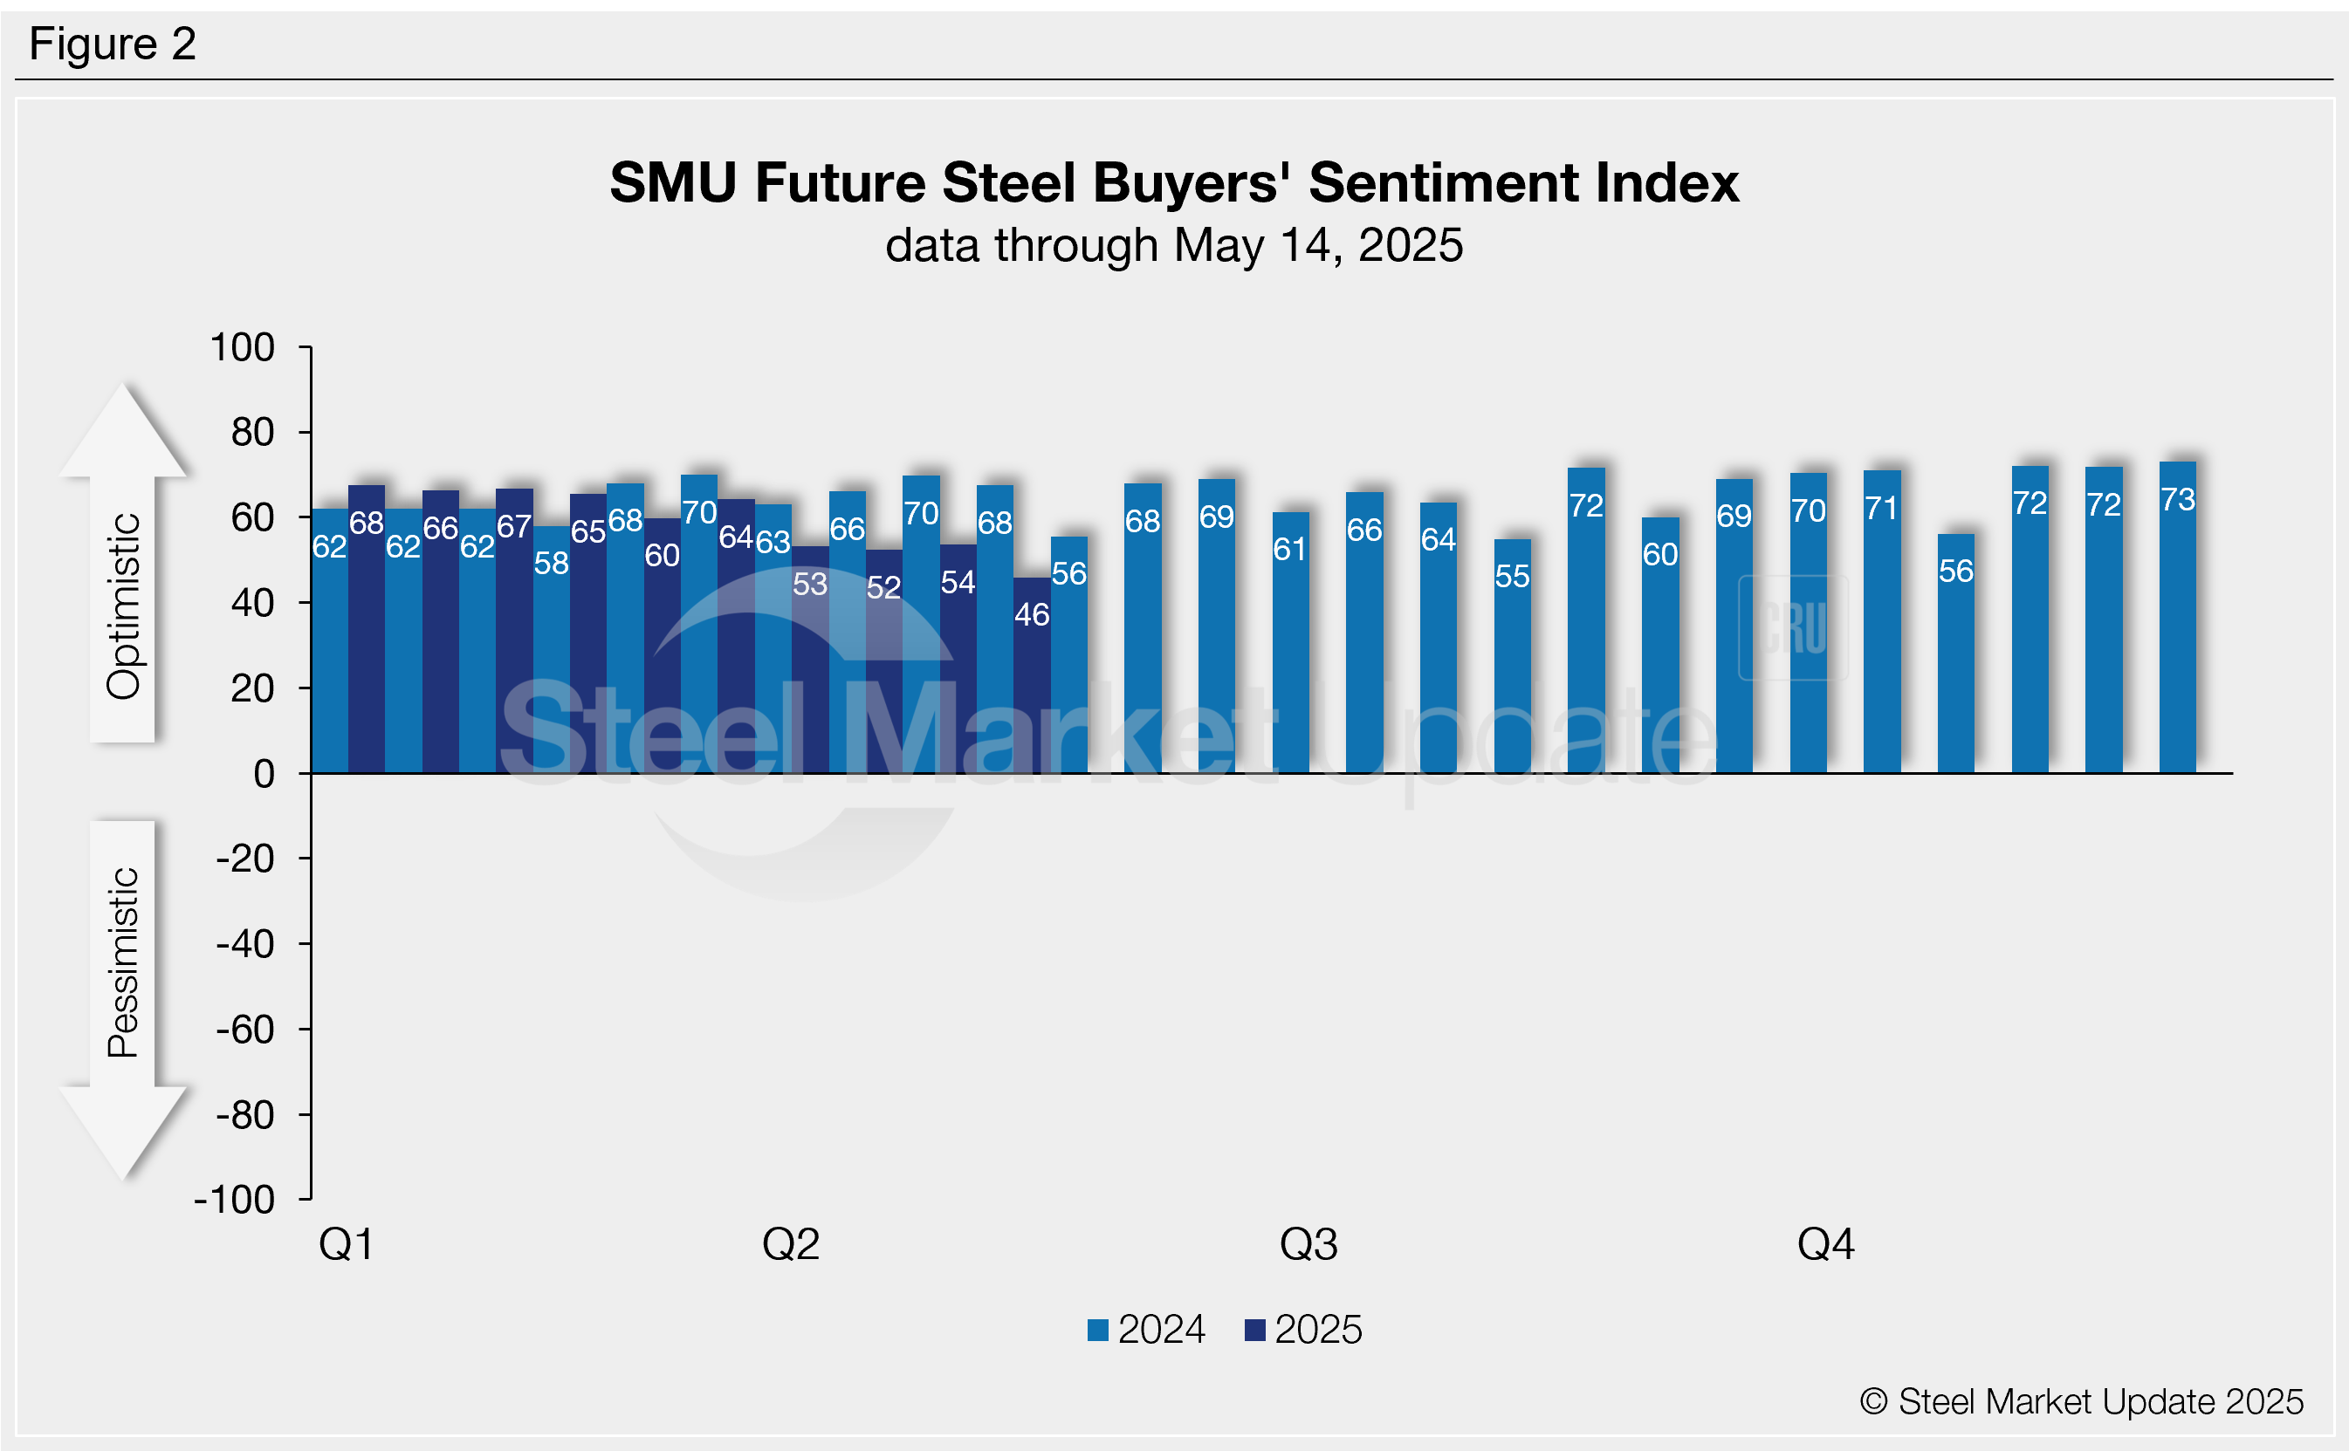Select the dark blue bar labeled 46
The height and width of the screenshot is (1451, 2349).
pyautogui.click(x=1032, y=675)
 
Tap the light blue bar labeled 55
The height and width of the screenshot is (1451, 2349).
pyautogui.click(x=1512, y=656)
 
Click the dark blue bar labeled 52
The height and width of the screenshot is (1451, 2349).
pyautogui.click(x=884, y=662)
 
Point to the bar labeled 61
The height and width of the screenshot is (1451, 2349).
pyautogui.click(x=1290, y=643)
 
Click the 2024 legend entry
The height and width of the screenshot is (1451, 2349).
pyautogui.click(x=1146, y=1330)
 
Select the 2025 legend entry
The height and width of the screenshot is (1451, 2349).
pyautogui.click(x=1303, y=1330)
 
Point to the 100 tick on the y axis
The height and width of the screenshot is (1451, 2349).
pyautogui.click(x=242, y=347)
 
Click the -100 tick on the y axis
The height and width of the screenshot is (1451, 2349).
pyautogui.click(x=235, y=1201)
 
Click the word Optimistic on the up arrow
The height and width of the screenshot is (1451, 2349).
pyautogui.click(x=124, y=606)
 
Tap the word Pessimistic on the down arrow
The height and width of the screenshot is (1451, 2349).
pyautogui.click(x=124, y=962)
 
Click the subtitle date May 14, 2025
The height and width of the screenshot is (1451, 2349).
pyautogui.click(x=1318, y=246)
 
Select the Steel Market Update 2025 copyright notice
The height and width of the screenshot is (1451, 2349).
pyautogui.click(x=2081, y=1402)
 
